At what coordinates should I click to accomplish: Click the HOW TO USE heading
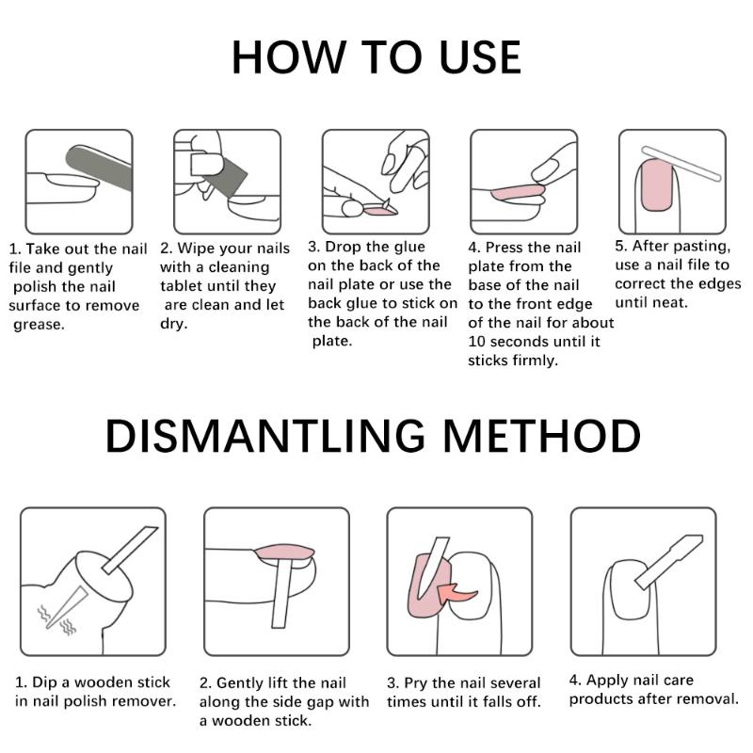click(376, 57)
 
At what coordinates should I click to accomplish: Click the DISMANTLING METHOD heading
click(373, 436)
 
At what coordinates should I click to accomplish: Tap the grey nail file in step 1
click(100, 168)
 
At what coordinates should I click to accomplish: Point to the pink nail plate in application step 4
click(518, 192)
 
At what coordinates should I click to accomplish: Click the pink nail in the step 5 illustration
click(657, 185)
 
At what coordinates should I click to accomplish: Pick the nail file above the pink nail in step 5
click(681, 164)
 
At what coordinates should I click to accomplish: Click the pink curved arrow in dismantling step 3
click(457, 596)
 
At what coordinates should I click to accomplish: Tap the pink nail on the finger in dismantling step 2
click(284, 552)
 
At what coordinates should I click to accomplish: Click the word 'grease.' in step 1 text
click(39, 325)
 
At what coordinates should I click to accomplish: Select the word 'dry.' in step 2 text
click(173, 324)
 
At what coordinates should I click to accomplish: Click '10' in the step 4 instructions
click(476, 342)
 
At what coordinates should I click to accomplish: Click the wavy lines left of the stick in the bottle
click(43, 614)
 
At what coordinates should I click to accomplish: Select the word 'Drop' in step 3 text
click(344, 247)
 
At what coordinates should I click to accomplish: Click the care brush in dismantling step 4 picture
click(669, 562)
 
